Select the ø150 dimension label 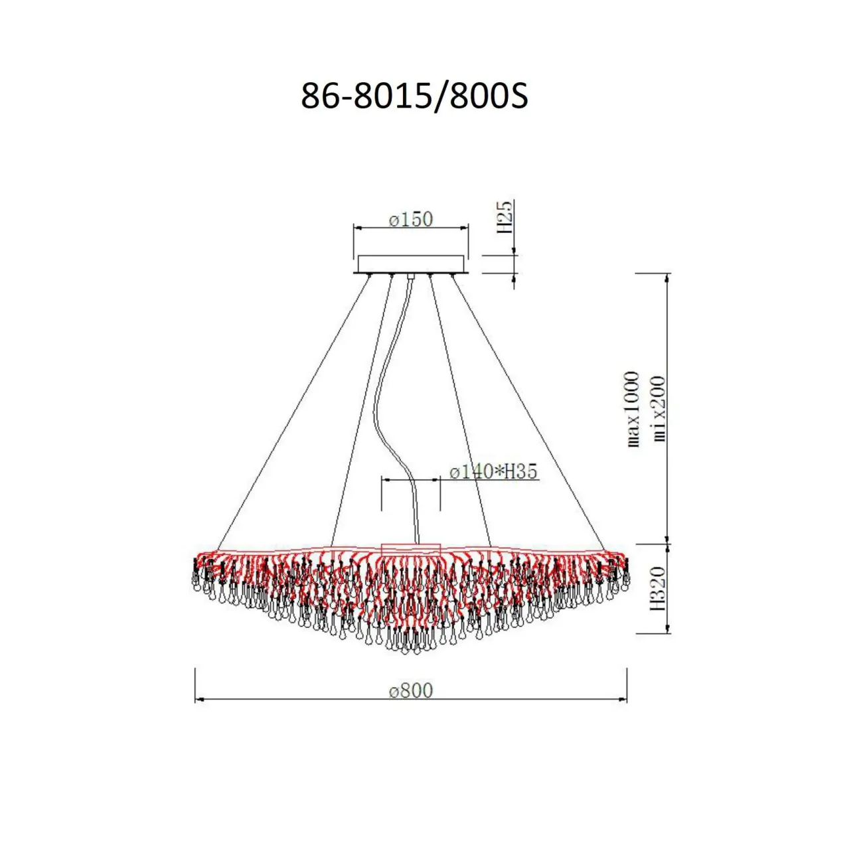pos(411,220)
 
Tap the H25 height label pos(505,217)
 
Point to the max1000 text pos(633,408)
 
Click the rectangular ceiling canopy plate pos(411,264)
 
